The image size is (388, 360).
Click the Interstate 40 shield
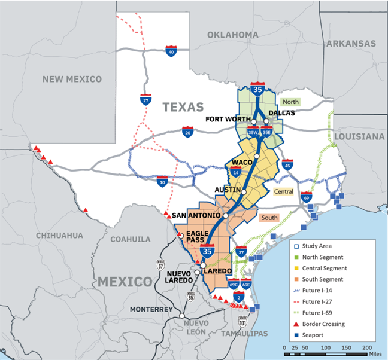[172, 52]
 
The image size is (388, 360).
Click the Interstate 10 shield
[162, 181]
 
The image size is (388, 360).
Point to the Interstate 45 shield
[287, 164]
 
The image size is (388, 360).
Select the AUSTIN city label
[228, 190]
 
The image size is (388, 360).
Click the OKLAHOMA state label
[232, 35]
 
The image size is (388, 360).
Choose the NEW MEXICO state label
[72, 79]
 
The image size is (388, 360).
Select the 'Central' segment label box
[284, 192]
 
